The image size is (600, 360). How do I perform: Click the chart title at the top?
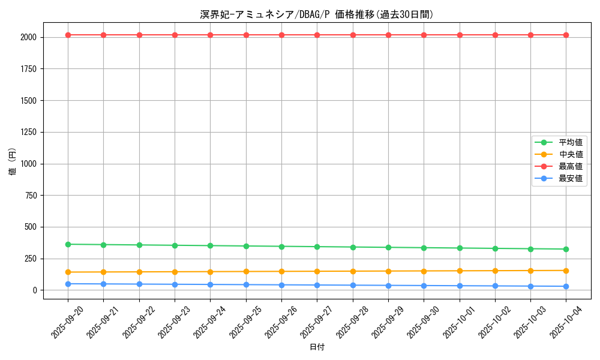coord(317,14)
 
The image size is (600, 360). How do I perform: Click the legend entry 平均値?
coord(571,142)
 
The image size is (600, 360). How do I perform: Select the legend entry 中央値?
coord(571,154)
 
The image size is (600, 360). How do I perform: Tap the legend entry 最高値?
coord(571,166)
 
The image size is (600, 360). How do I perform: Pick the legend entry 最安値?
coord(571,178)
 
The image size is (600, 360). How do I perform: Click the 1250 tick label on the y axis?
coord(28,132)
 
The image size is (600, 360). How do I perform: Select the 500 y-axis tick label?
coord(31,227)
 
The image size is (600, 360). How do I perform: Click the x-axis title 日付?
coord(317,347)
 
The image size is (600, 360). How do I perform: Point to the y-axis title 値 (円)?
coord(13,162)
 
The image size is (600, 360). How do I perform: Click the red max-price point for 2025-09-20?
coord(68,35)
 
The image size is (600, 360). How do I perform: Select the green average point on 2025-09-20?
coord(68,244)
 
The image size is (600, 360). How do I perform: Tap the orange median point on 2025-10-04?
coord(566,271)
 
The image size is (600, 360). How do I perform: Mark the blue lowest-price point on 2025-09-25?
coord(246,284)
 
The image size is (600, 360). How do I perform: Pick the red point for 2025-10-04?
coord(566,35)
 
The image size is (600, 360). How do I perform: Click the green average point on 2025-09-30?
coord(424,248)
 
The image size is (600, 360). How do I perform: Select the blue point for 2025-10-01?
coord(460,286)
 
